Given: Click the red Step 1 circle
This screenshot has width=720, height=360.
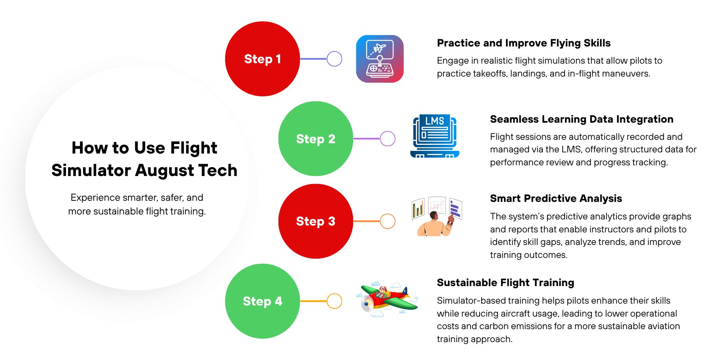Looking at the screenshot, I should (x=262, y=59).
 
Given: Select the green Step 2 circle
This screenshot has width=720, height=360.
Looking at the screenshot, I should (x=315, y=139).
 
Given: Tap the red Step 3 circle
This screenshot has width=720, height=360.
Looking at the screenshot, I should (x=315, y=221).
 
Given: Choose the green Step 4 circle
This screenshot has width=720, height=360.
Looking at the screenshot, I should (x=262, y=301).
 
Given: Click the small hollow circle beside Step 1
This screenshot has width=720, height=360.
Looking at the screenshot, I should (x=334, y=59).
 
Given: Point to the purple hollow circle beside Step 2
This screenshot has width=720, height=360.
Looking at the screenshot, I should (x=387, y=139).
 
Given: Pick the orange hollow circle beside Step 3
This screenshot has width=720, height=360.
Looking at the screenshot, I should (x=387, y=221).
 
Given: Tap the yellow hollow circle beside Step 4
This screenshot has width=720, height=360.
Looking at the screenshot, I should (x=334, y=301).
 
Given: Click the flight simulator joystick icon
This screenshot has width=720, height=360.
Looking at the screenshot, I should (x=380, y=59).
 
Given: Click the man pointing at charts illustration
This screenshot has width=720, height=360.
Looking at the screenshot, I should (x=436, y=217).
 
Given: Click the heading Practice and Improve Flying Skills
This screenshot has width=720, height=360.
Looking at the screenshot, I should (x=523, y=43).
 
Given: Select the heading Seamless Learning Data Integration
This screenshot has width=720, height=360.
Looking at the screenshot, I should (x=581, y=119).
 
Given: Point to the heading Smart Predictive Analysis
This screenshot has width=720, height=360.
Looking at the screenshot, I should (x=556, y=198).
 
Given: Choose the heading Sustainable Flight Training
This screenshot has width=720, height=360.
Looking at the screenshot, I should (x=505, y=283).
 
